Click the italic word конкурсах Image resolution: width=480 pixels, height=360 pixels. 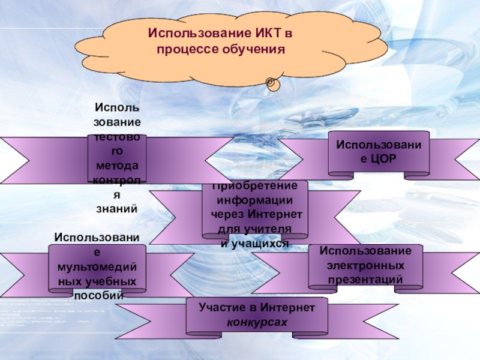click(257, 322)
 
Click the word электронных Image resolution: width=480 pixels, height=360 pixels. click(365, 265)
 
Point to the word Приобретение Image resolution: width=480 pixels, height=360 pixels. click(255, 187)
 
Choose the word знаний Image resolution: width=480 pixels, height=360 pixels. click(118, 209)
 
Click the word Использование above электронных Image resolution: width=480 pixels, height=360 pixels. click(365, 250)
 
